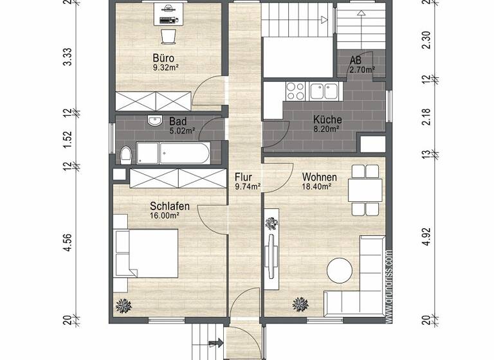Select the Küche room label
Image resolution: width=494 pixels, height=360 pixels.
[327, 120]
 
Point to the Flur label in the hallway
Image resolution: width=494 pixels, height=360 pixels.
[242, 176]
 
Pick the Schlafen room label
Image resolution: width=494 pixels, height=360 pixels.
[169, 206]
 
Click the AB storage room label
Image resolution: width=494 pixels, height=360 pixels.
[356, 60]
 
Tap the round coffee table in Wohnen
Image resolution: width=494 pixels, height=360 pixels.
[341, 270]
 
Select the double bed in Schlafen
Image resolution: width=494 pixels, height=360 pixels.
[145, 251]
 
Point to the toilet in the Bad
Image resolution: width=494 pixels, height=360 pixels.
[125, 154]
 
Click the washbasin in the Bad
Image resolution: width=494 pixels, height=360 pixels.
[154, 120]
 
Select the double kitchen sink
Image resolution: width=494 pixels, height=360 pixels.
[324, 90]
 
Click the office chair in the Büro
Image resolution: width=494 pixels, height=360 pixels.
[168, 33]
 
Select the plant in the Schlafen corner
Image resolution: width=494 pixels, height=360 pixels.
[123, 305]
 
